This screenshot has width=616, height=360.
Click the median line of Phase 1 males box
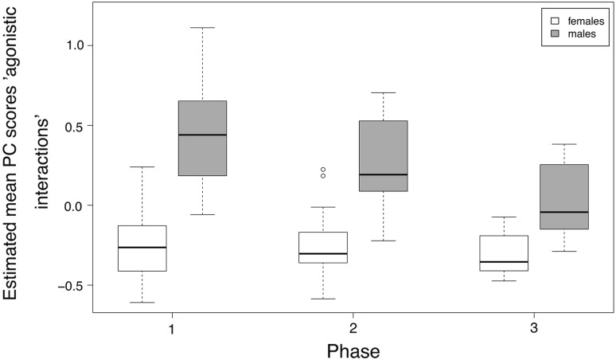(x=202, y=135)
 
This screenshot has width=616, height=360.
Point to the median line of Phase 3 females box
(x=504, y=261)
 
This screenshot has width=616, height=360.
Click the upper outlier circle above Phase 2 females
(x=323, y=170)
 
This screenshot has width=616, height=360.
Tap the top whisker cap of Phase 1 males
(x=202, y=28)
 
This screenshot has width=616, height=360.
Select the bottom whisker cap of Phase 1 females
(x=142, y=303)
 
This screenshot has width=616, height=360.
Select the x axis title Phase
(x=353, y=350)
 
